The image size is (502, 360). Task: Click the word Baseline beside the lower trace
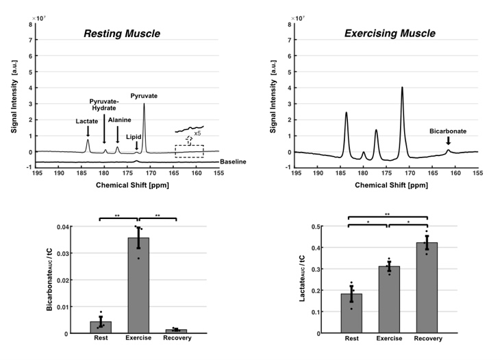(x=233, y=162)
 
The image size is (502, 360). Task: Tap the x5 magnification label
(x=197, y=133)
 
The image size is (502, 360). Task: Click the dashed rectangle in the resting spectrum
(x=189, y=151)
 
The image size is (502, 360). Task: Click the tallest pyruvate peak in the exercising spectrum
(x=402, y=88)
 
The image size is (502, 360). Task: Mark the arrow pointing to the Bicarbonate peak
(x=448, y=140)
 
